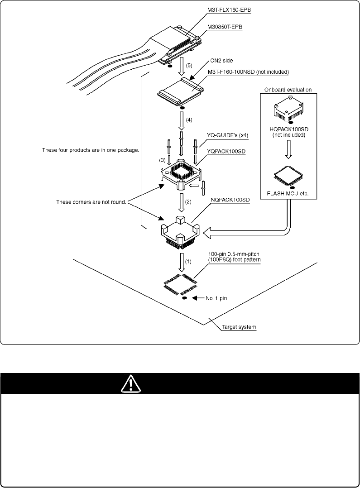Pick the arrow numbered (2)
181,202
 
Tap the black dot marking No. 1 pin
184,298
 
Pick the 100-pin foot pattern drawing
180,285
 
